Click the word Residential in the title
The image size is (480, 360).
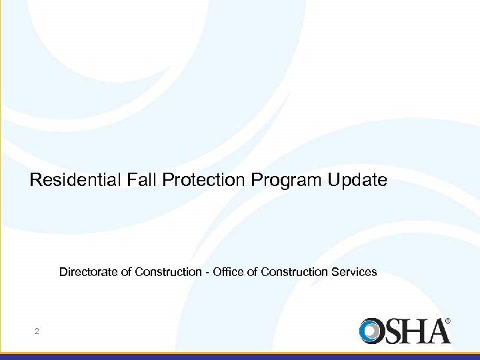coord(74,180)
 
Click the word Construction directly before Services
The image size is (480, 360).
coord(293,272)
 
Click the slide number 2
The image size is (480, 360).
coord(37,331)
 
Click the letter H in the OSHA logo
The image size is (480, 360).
coord(416,331)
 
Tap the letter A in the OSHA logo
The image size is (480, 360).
coord(439,331)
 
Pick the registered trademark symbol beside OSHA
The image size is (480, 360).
coord(448,321)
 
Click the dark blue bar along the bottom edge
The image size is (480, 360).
coord(240,357)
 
